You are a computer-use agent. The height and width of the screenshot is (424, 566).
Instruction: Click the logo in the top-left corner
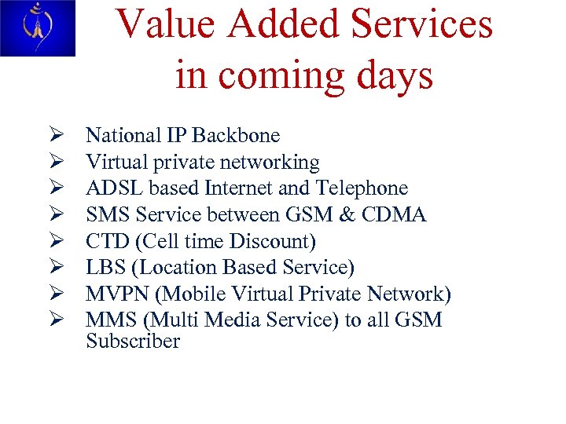[x=37, y=28]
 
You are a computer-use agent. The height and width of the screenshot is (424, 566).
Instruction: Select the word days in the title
[x=395, y=75]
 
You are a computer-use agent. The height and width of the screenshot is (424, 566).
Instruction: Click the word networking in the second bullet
[x=274, y=163]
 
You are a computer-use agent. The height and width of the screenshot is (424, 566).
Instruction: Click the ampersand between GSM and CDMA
[x=326, y=215]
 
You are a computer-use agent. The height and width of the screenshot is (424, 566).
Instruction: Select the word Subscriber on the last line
[x=133, y=342]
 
